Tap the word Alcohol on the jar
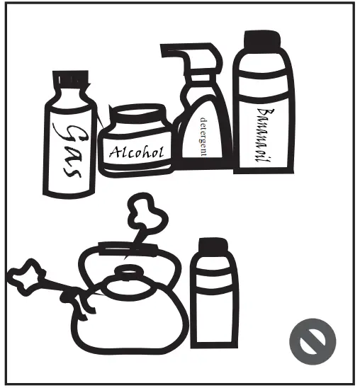(x=136, y=152)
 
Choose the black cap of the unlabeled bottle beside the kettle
(x=213, y=249)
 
